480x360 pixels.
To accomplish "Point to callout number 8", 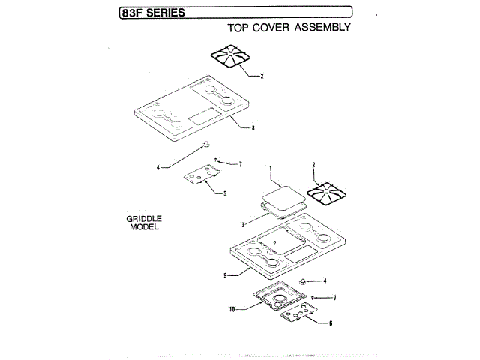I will pyautogui.click(x=253, y=128).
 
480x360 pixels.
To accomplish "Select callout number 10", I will pyautogui.click(x=233, y=307).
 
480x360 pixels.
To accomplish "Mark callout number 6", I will pyautogui.click(x=331, y=322).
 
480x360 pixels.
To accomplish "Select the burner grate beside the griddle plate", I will pyautogui.click(x=329, y=195).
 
